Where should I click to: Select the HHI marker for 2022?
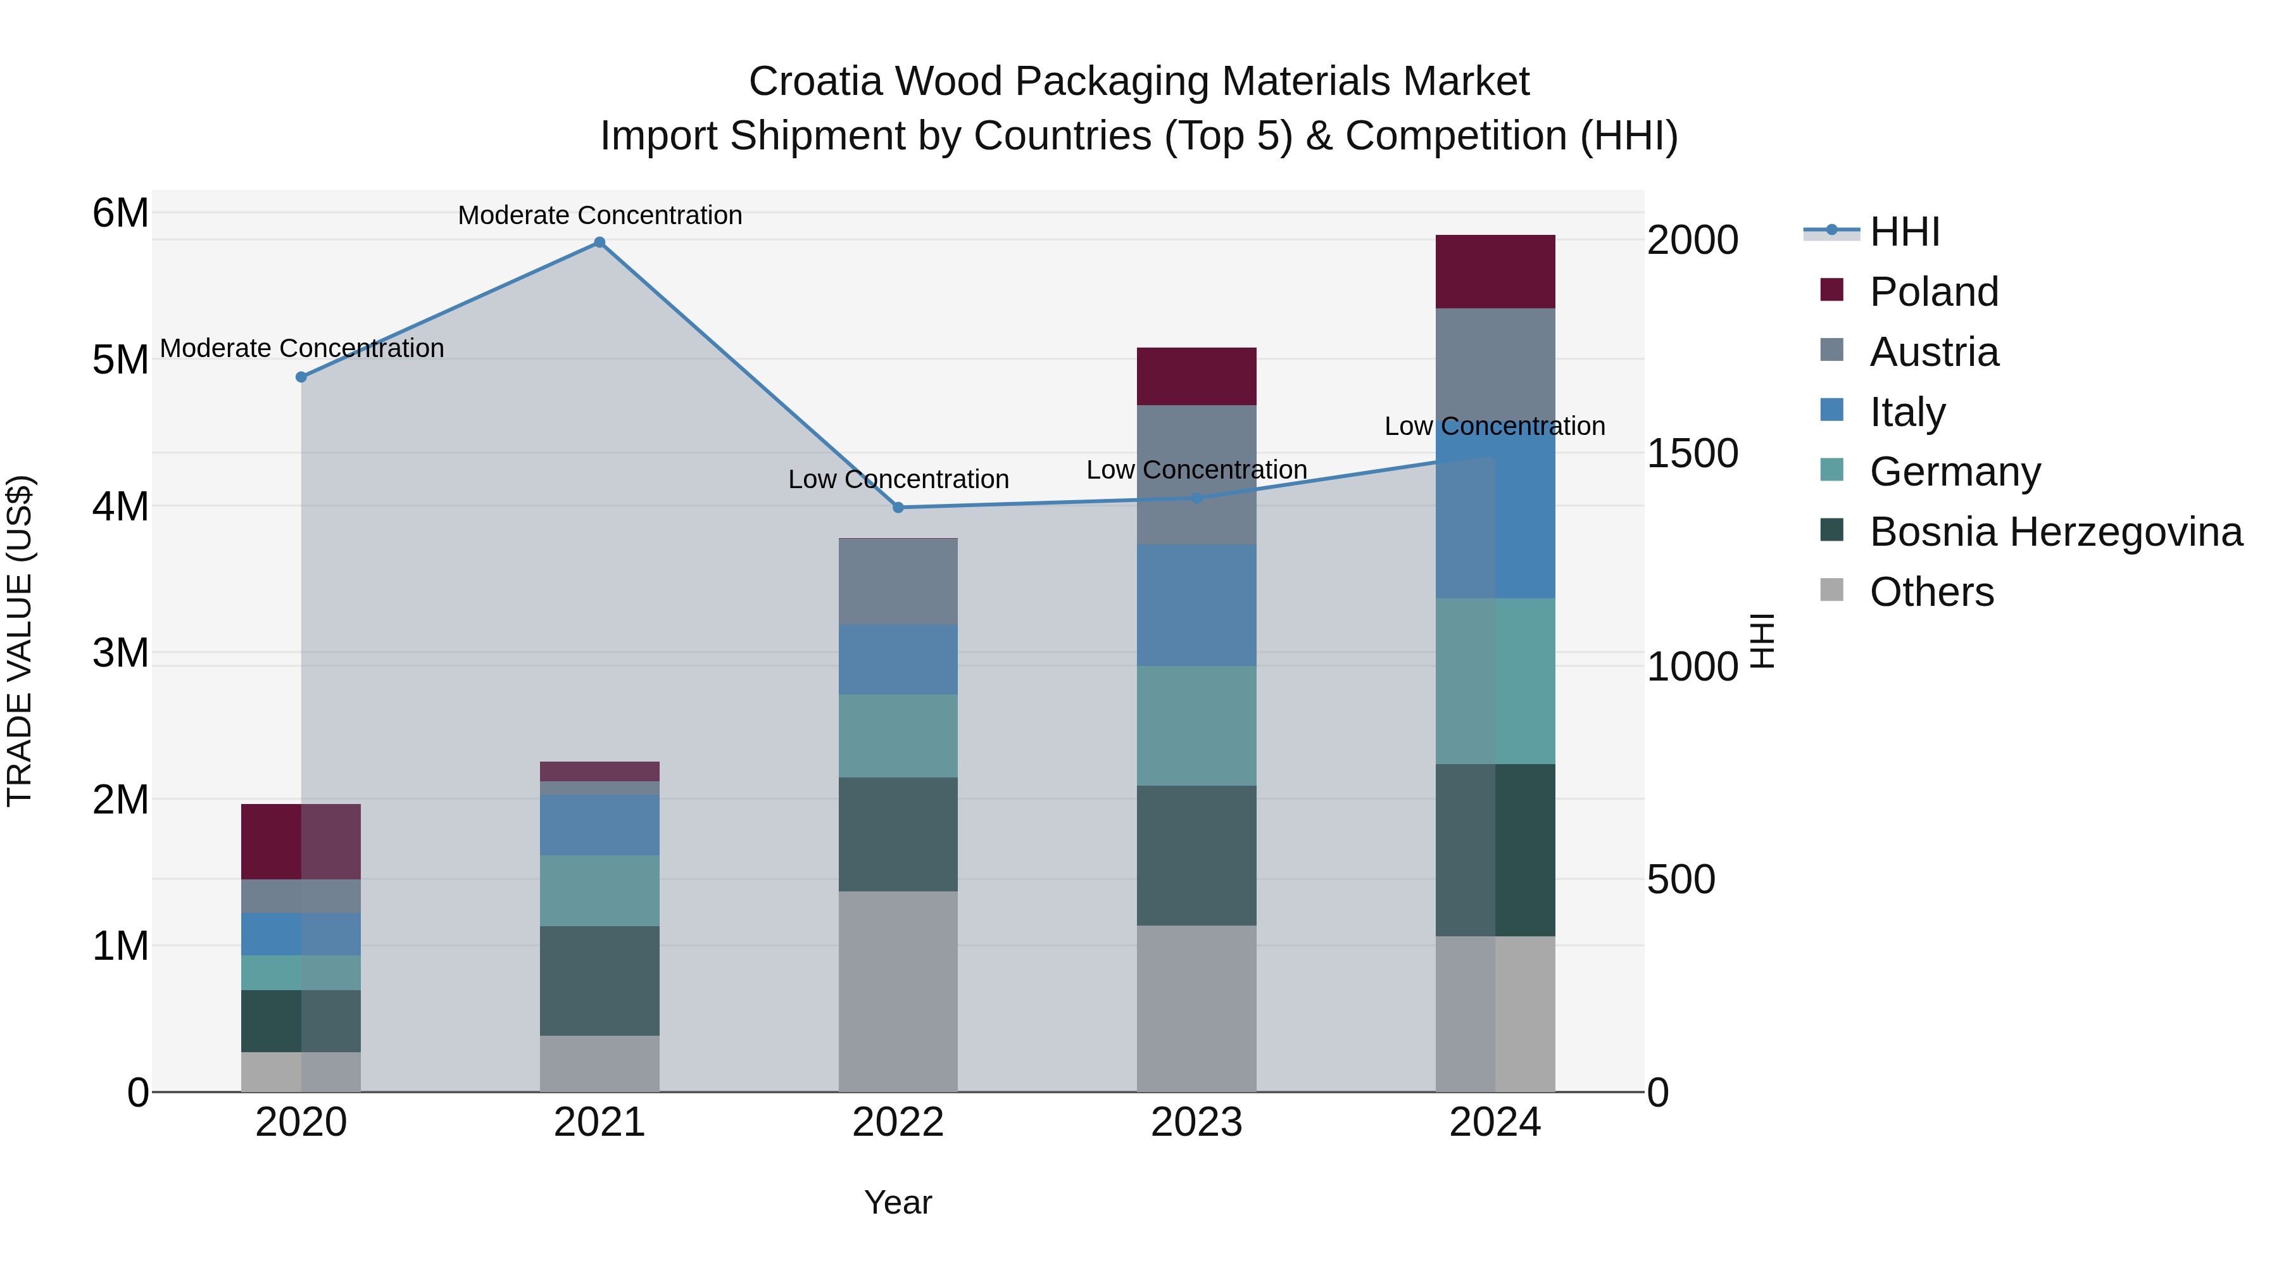coord(898,508)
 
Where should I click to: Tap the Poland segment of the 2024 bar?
coord(1495,272)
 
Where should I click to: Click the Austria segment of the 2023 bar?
coord(1196,475)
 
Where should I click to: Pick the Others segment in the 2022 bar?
coord(898,991)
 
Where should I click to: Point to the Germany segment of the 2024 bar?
coord(1495,681)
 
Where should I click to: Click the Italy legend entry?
coord(1907,412)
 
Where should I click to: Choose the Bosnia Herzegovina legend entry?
coord(2055,532)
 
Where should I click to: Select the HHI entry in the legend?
coord(1904,232)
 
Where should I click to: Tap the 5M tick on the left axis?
coord(121,360)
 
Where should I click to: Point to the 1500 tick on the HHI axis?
coord(1692,453)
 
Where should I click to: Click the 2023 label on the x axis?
coord(1196,1122)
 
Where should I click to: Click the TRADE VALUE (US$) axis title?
coord(20,641)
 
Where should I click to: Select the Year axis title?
coord(897,1202)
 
